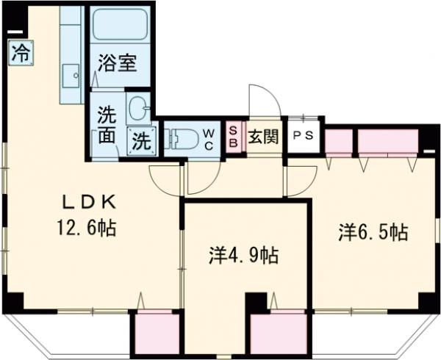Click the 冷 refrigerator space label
[21, 53]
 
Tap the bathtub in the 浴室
[120, 24]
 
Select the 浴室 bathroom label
[118, 63]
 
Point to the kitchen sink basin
[71, 76]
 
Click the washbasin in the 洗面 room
[138, 108]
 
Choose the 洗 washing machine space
[142, 141]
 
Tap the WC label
[209, 139]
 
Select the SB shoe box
[234, 137]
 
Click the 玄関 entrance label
[264, 137]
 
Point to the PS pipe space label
[303, 136]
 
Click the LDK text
[89, 202]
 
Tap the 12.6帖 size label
[87, 228]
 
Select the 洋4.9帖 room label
[244, 255]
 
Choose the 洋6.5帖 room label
[373, 232]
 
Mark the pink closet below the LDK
[157, 332]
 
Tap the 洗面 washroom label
[107, 126]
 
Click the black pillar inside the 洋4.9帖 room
[256, 302]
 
